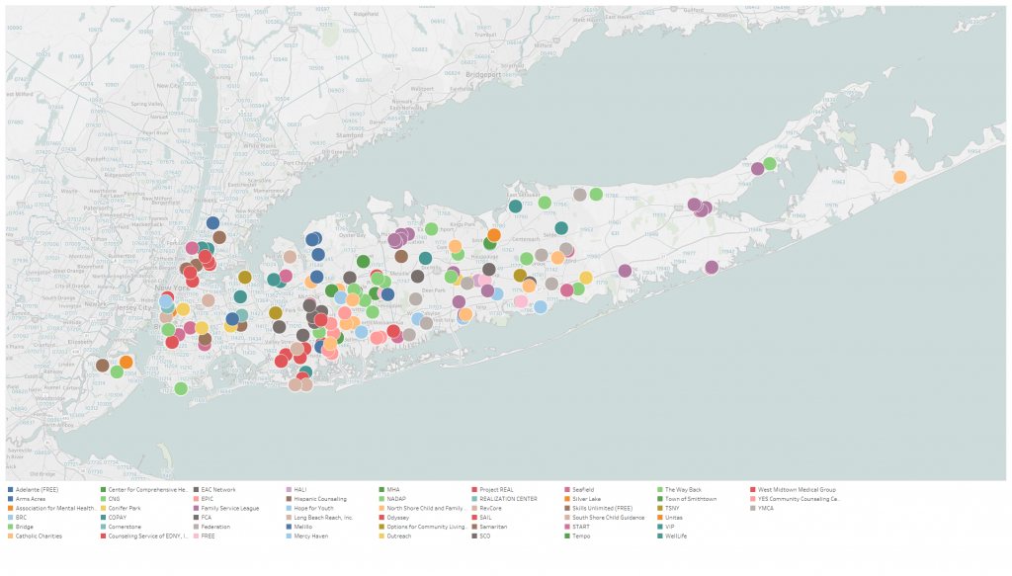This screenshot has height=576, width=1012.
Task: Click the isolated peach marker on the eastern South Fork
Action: (899, 177)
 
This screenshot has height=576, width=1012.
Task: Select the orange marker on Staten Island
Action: (126, 363)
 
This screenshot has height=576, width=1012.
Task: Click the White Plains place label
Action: (261, 146)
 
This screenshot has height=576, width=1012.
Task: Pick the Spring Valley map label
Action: (147, 103)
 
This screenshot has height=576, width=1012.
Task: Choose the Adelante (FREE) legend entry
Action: (35, 489)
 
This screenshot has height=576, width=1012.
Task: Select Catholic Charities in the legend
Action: (39, 535)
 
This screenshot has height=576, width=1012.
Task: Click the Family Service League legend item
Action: (229, 508)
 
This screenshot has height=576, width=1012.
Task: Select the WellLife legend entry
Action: (676, 535)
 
